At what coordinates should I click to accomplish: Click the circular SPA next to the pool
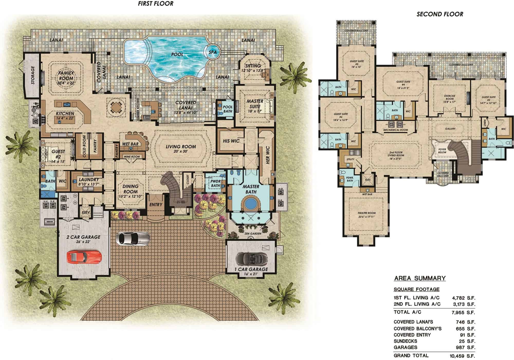coord(213,52)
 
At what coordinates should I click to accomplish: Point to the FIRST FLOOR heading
coord(155,4)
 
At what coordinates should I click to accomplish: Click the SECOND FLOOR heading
coord(440,14)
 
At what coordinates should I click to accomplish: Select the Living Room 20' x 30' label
coord(181,149)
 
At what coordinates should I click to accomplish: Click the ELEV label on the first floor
coord(86,213)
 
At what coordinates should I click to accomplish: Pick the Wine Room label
coord(132,157)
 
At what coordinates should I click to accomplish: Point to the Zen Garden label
coord(253,233)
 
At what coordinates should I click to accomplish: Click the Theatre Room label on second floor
coord(366,215)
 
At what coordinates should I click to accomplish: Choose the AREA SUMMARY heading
coord(420,278)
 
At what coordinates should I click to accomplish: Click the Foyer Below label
coord(442,151)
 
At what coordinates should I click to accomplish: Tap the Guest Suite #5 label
coord(357,64)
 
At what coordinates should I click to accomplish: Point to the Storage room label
coord(33,75)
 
